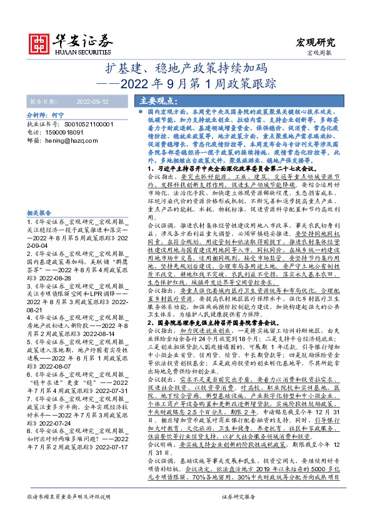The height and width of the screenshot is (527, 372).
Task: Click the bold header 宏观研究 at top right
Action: coord(314,43)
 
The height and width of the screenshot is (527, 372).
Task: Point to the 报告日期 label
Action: coord(44,100)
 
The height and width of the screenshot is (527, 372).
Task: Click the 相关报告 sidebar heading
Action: coord(39,213)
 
